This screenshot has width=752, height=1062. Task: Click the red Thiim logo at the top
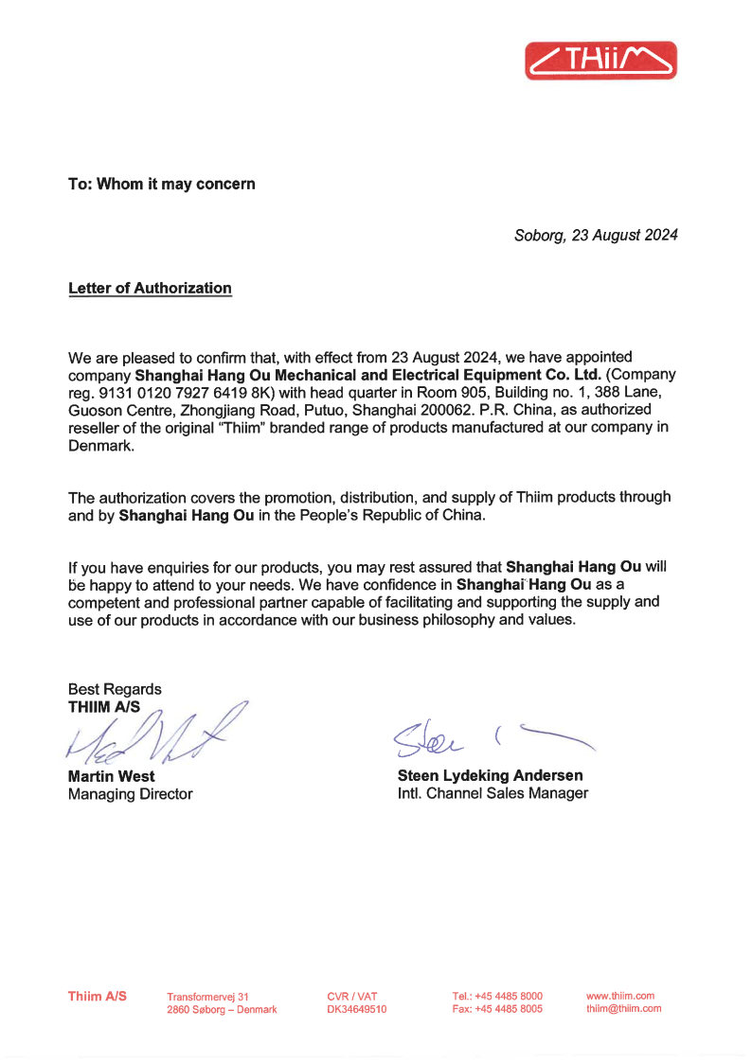pyautogui.click(x=600, y=60)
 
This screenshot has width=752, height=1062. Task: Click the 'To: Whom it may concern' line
pyautogui.click(x=161, y=184)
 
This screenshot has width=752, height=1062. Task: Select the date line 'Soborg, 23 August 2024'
pyautogui.click(x=596, y=236)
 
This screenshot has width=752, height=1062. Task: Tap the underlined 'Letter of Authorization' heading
pyautogui.click(x=150, y=288)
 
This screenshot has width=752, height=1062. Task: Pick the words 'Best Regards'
pyautogui.click(x=115, y=689)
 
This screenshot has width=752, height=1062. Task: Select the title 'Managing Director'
pyautogui.click(x=130, y=794)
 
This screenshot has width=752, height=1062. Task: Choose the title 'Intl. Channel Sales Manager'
pyautogui.click(x=492, y=793)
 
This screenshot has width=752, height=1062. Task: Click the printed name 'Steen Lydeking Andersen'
pyautogui.click(x=490, y=775)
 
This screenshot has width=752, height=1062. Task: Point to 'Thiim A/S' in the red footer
pyautogui.click(x=97, y=996)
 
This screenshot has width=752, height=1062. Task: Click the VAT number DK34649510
pyautogui.click(x=356, y=1009)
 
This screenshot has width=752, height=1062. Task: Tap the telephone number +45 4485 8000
pyautogui.click(x=510, y=996)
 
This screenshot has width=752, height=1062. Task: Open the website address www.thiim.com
pyautogui.click(x=620, y=996)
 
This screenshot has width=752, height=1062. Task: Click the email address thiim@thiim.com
pyautogui.click(x=623, y=1009)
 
